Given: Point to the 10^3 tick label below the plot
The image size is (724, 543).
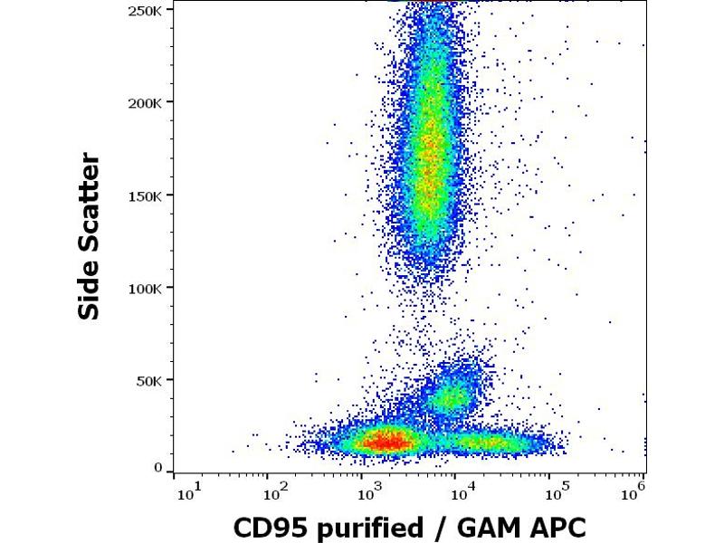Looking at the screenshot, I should (368, 493).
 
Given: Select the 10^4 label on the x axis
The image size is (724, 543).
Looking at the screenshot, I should (462, 493).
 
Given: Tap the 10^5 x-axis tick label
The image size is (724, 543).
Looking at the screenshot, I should (556, 493).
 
